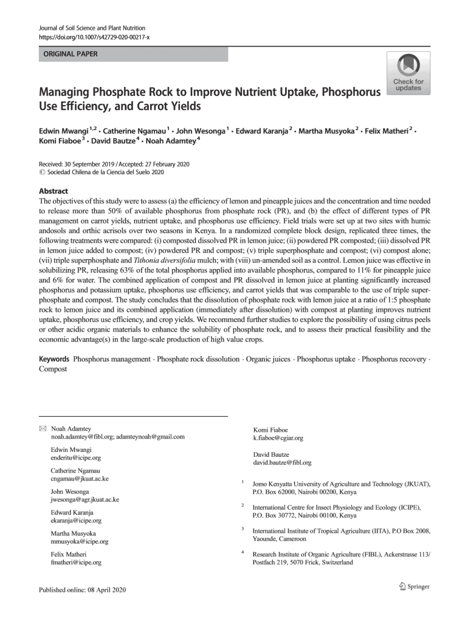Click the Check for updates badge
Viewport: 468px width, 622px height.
coord(408,73)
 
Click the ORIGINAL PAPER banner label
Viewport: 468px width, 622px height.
coord(67,54)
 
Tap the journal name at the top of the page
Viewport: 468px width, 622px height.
coord(92,29)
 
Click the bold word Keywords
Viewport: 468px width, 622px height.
coord(54,359)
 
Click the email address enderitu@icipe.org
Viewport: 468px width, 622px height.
coord(75,457)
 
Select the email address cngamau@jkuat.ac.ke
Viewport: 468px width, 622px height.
coord(80,479)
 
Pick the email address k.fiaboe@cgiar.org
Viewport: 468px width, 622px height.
coord(278,437)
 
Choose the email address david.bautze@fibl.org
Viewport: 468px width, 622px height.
coord(282,462)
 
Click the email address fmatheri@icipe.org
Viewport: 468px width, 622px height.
coord(75,562)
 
